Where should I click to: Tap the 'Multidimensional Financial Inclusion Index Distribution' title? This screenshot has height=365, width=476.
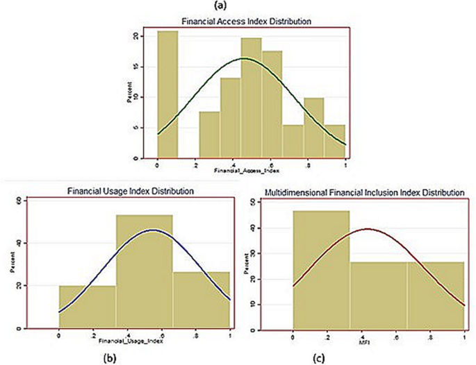pyautogui.click(x=364, y=190)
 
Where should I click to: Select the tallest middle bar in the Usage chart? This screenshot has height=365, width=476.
pyautogui.click(x=144, y=271)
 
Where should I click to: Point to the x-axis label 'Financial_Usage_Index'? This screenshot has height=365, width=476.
pyautogui.click(x=133, y=341)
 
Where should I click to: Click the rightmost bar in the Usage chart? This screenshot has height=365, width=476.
pyautogui.click(x=201, y=299)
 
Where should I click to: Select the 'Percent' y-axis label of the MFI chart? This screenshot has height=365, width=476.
pyautogui.click(x=265, y=264)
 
